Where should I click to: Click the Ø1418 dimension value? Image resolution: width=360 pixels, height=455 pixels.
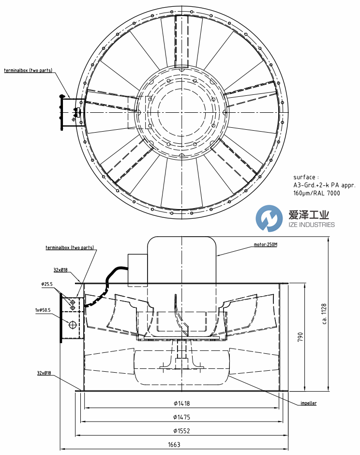point(181,403)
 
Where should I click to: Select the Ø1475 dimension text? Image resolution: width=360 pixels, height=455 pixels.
point(181,417)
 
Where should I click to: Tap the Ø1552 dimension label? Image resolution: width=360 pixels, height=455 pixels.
point(181,431)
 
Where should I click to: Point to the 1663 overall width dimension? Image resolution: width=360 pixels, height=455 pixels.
point(174,444)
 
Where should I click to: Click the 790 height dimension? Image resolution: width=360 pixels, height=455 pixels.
point(300,336)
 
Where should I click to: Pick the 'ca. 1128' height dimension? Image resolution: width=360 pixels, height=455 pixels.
point(324,314)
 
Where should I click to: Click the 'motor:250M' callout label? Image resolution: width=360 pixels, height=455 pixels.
point(266,244)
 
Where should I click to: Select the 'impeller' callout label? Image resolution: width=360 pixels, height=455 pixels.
point(309,403)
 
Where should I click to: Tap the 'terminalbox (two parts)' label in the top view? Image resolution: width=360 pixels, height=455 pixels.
point(28,70)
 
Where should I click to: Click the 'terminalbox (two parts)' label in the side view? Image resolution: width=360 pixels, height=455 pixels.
point(70,247)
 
